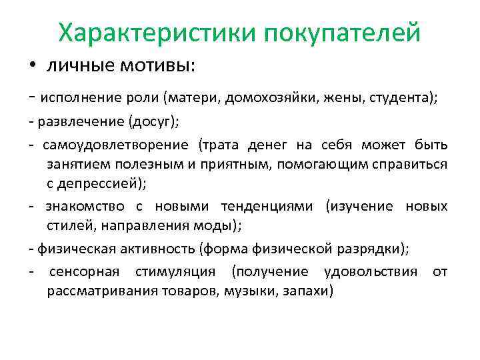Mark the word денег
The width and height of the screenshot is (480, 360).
pos(285,145)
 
